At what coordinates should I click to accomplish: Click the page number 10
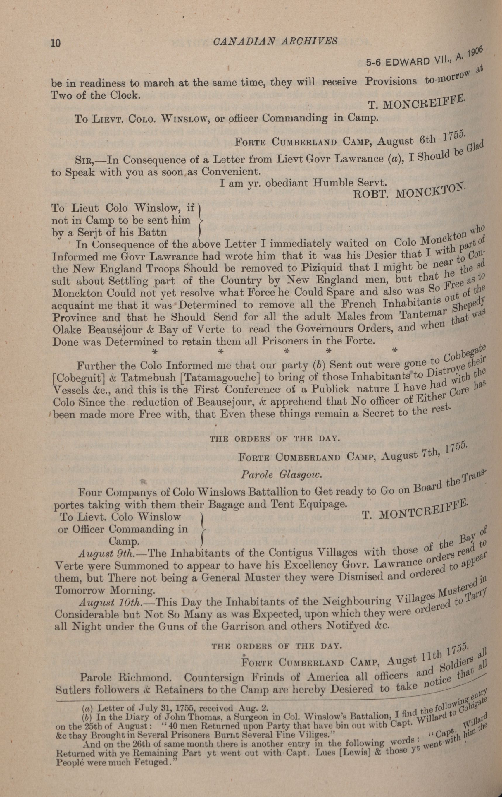pyautogui.click(x=56, y=43)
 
